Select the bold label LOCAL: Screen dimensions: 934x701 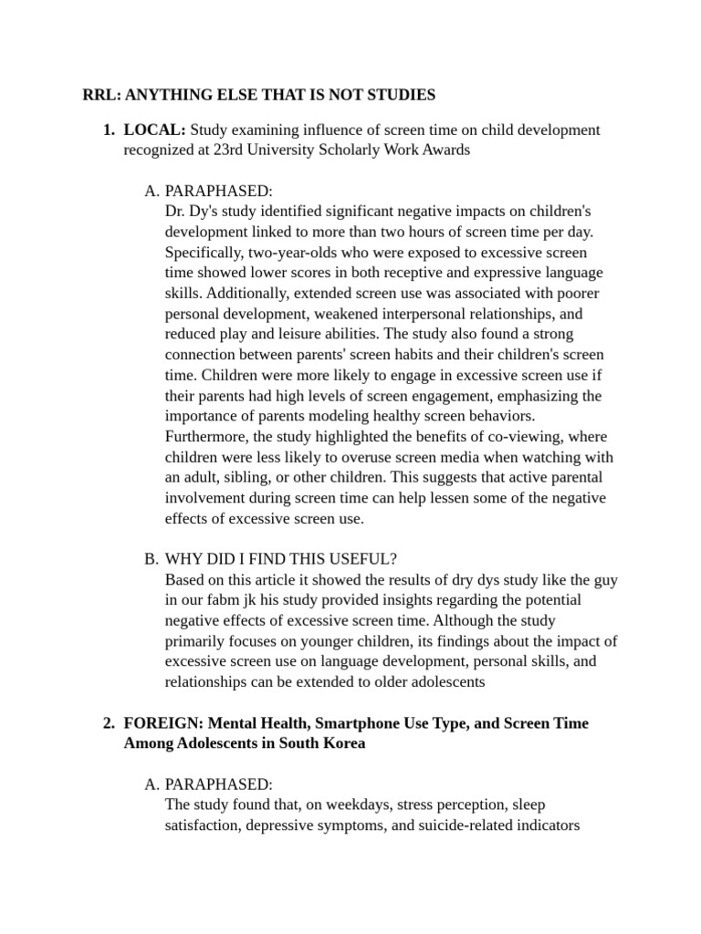(155, 130)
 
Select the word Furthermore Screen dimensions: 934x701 (204, 436)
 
